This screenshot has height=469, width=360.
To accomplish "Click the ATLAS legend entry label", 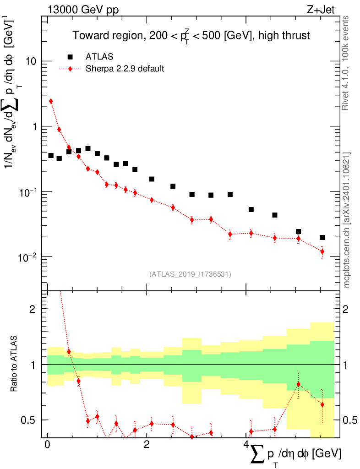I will pyautogui.click(x=99, y=57).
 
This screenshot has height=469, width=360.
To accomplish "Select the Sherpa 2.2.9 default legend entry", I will pyautogui.click(x=125, y=69).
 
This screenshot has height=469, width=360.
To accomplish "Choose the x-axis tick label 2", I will pyautogui.click(x=146, y=445).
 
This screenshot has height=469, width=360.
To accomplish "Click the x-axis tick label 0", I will pyautogui.click(x=47, y=445).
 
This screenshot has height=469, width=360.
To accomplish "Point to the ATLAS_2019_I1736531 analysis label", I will pyautogui.click(x=190, y=274).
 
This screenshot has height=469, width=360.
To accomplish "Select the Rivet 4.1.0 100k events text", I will pyautogui.click(x=347, y=62).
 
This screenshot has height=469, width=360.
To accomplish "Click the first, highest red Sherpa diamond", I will pyautogui.click(x=51, y=101).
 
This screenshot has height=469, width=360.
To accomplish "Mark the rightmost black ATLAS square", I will pyautogui.click(x=322, y=237).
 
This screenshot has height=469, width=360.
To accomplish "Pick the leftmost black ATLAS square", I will pyautogui.click(x=51, y=156).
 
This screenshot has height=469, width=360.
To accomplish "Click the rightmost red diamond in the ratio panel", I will pyautogui.click(x=322, y=404).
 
